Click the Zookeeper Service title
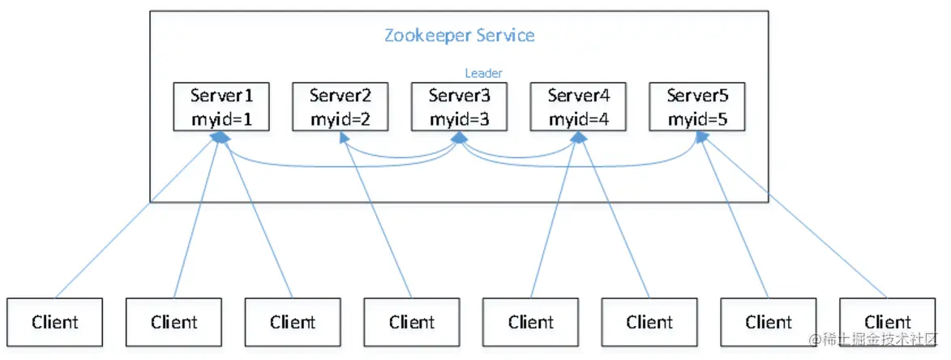[459, 35]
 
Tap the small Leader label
[483, 73]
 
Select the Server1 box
[221, 107]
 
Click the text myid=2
[341, 119]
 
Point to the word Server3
[459, 96]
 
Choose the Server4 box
[578, 107]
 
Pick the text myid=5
[697, 119]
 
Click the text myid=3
[459, 119]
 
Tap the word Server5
[697, 96]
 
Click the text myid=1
[221, 119]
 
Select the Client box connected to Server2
[412, 322]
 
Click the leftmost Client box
[55, 322]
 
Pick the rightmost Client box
[887, 322]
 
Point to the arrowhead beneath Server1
[221, 138]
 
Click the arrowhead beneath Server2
[343, 137]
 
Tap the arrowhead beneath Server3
[459, 138]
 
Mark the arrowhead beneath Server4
[578, 138]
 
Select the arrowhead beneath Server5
[701, 138]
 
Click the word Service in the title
[506, 35]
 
